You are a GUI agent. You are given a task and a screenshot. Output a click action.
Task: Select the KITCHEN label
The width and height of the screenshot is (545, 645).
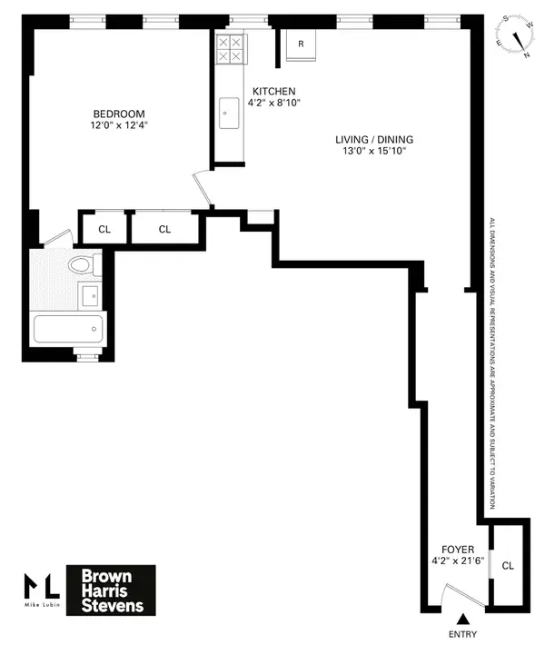pyautogui.click(x=273, y=91)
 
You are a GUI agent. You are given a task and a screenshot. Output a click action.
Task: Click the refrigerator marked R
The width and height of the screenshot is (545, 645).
pyautogui.click(x=300, y=45)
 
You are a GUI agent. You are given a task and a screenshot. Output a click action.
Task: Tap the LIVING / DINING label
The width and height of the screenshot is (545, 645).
pyautogui.click(x=374, y=139)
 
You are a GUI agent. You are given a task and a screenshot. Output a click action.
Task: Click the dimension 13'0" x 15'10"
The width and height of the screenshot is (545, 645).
pyautogui.click(x=374, y=152)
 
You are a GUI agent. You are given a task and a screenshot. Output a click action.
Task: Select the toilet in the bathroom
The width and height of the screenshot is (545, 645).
pyautogui.click(x=84, y=265)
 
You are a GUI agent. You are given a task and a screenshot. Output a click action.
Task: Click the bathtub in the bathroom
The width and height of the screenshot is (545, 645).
pyautogui.click(x=69, y=328)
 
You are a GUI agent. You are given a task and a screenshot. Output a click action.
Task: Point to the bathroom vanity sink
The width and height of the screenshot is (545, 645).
pyautogui.click(x=91, y=295)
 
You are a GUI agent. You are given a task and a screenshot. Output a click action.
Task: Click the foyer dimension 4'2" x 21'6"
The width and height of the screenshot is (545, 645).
pyautogui.click(x=459, y=562)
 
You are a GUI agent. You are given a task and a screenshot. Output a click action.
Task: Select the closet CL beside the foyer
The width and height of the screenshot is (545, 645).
pyautogui.click(x=508, y=565)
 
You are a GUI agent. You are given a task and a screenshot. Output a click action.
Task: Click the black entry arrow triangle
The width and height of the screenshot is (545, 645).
pyautogui.click(x=461, y=618)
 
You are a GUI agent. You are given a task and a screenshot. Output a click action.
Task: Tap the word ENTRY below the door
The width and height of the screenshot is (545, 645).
pyautogui.click(x=461, y=633)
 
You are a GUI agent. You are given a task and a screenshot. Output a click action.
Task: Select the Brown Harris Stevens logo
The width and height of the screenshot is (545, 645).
pyautogui.click(x=112, y=590)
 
